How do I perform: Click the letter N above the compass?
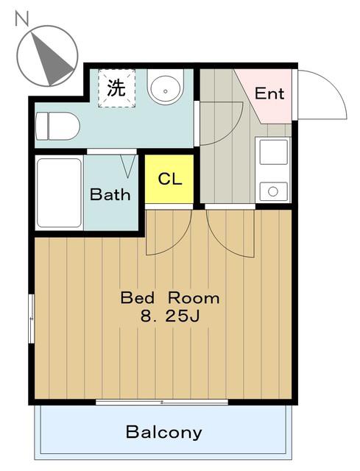(22, 18)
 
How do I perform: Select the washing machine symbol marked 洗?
(116, 88)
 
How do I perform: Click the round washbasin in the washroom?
(165, 88)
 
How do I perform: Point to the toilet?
(57, 126)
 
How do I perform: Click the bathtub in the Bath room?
(59, 193)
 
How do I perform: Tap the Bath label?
(110, 194)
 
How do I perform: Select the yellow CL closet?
(169, 179)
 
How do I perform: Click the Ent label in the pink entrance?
(269, 93)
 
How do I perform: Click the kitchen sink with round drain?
(273, 191)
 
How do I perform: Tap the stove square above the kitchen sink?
(273, 152)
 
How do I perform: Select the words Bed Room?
(170, 298)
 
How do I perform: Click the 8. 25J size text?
(170, 316)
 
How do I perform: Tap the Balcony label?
(163, 432)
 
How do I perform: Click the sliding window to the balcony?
(162, 402)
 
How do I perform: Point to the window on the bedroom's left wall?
(31, 319)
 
